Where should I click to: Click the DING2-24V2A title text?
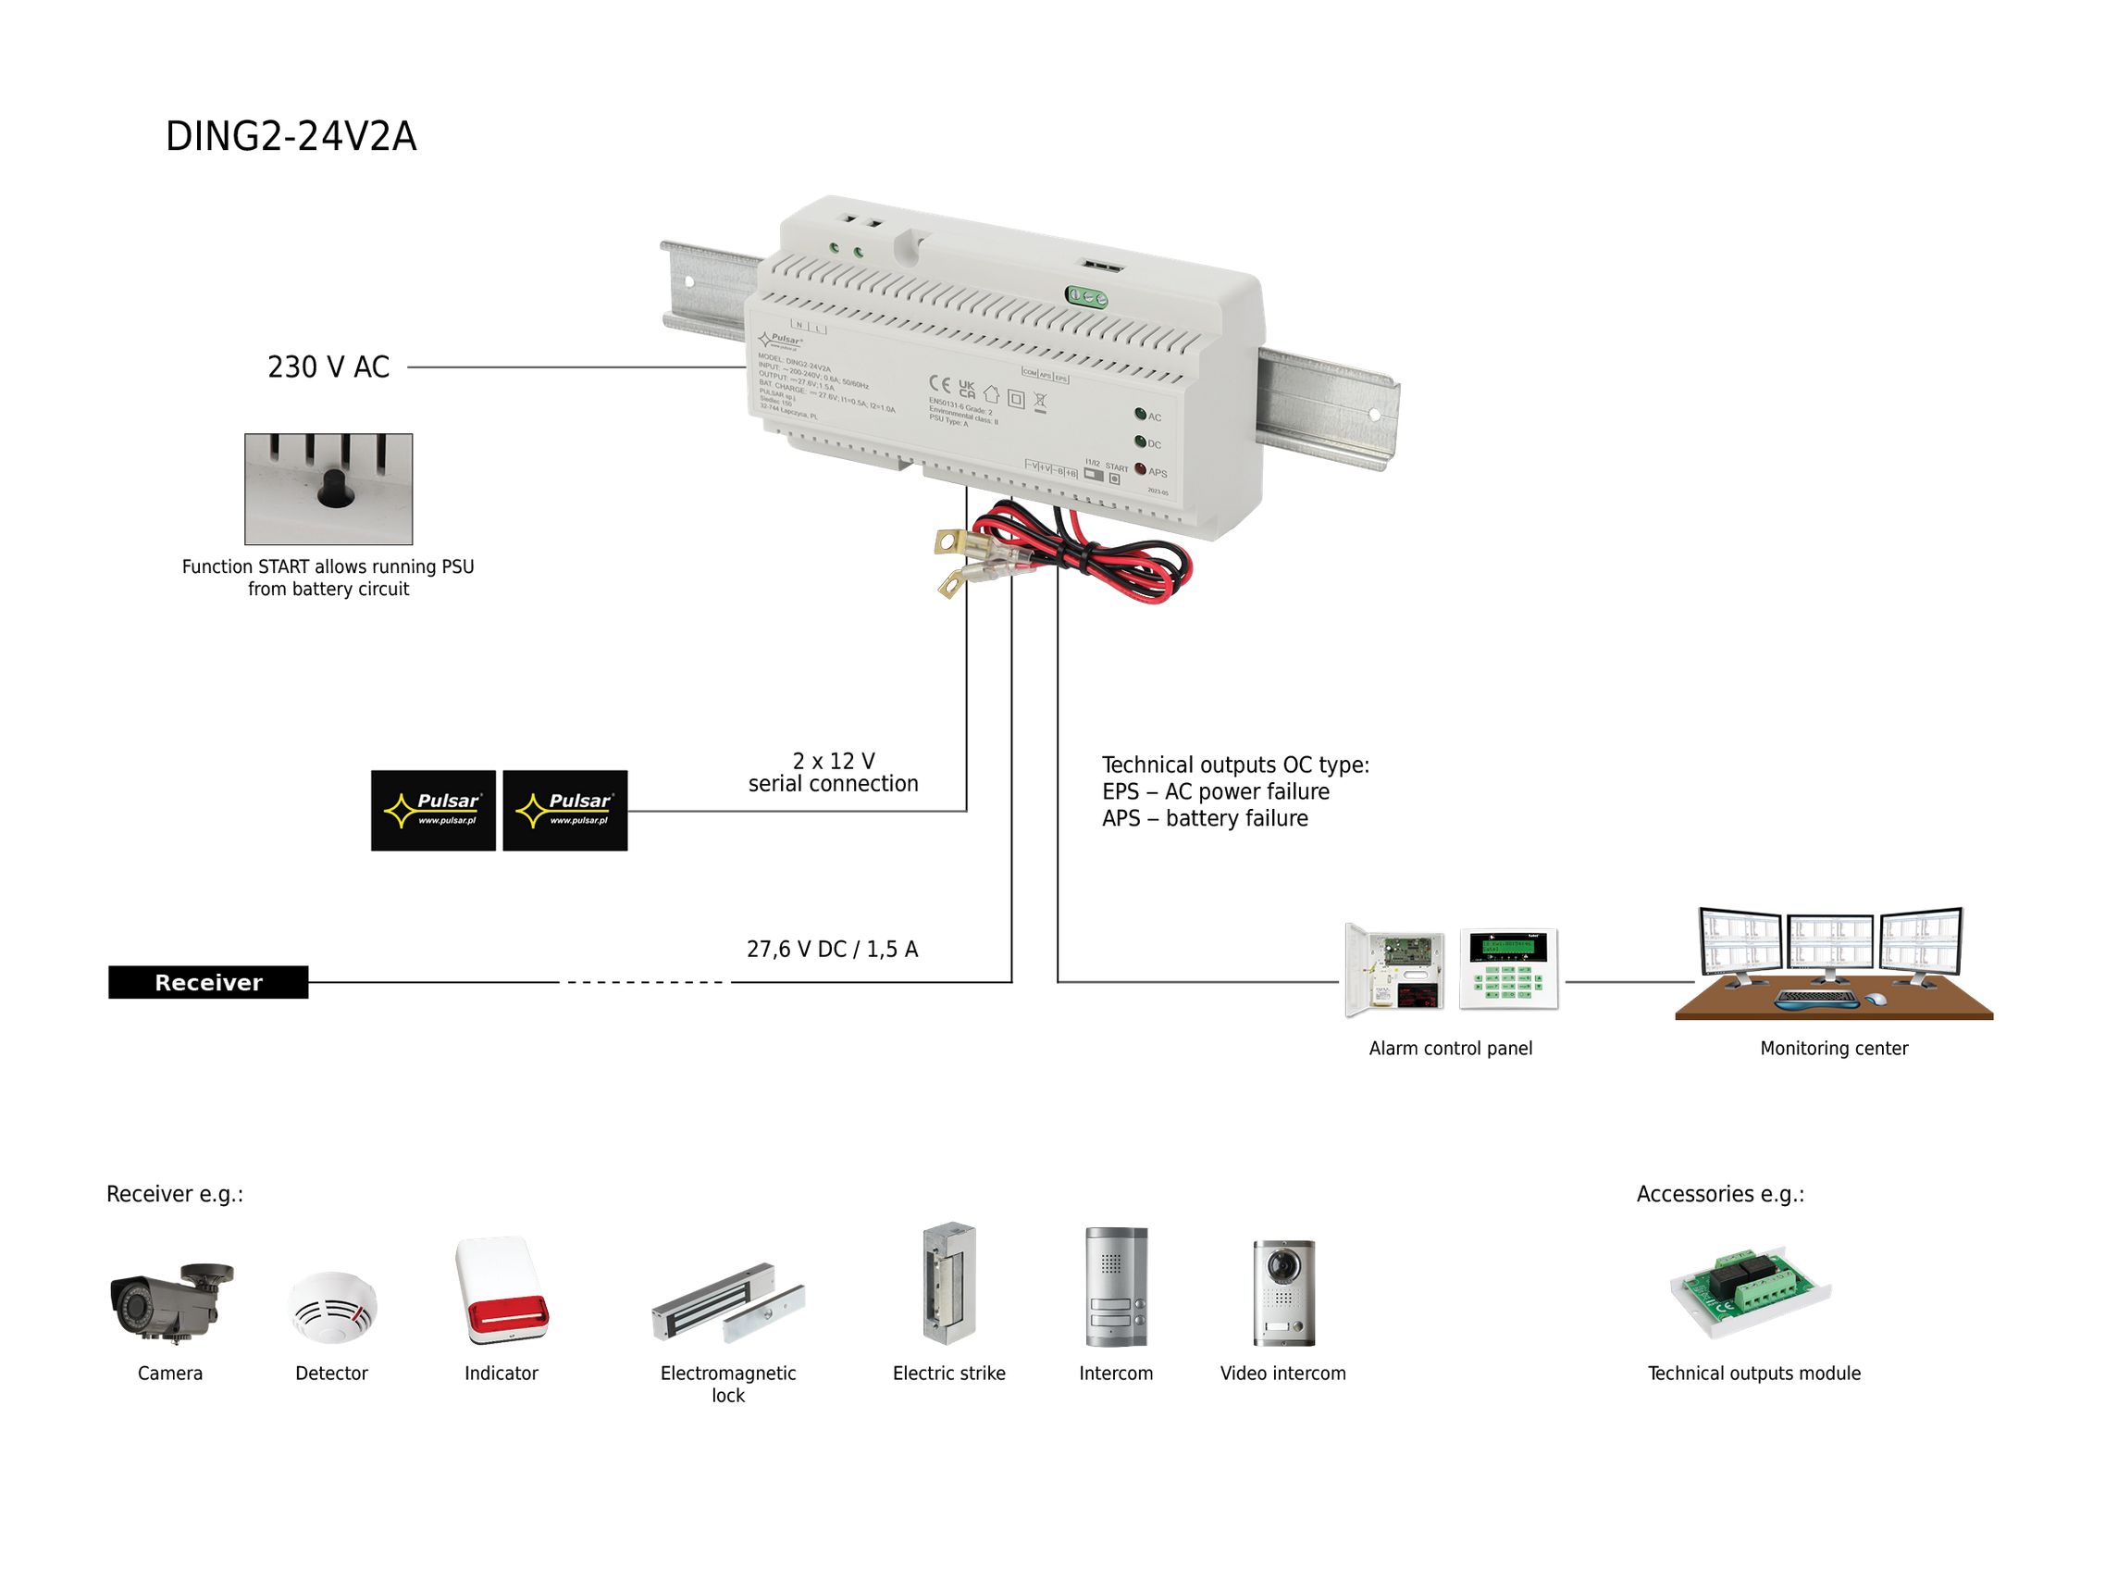[291, 136]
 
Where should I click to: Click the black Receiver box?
[207, 982]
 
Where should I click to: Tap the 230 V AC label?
[328, 367]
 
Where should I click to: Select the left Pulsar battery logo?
[433, 810]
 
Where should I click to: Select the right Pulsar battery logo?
[564, 810]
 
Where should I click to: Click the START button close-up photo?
[328, 490]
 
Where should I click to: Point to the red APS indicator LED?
[1140, 469]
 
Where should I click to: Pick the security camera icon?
[170, 1302]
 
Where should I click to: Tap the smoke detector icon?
[332, 1307]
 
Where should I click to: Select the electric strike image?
[948, 1283]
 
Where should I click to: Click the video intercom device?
[1283, 1292]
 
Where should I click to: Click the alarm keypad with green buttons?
[1508, 968]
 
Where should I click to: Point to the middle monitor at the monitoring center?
[1829, 945]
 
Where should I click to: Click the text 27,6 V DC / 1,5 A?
[832, 949]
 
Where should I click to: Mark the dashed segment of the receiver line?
[644, 982]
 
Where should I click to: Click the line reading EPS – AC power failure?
[1215, 792]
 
